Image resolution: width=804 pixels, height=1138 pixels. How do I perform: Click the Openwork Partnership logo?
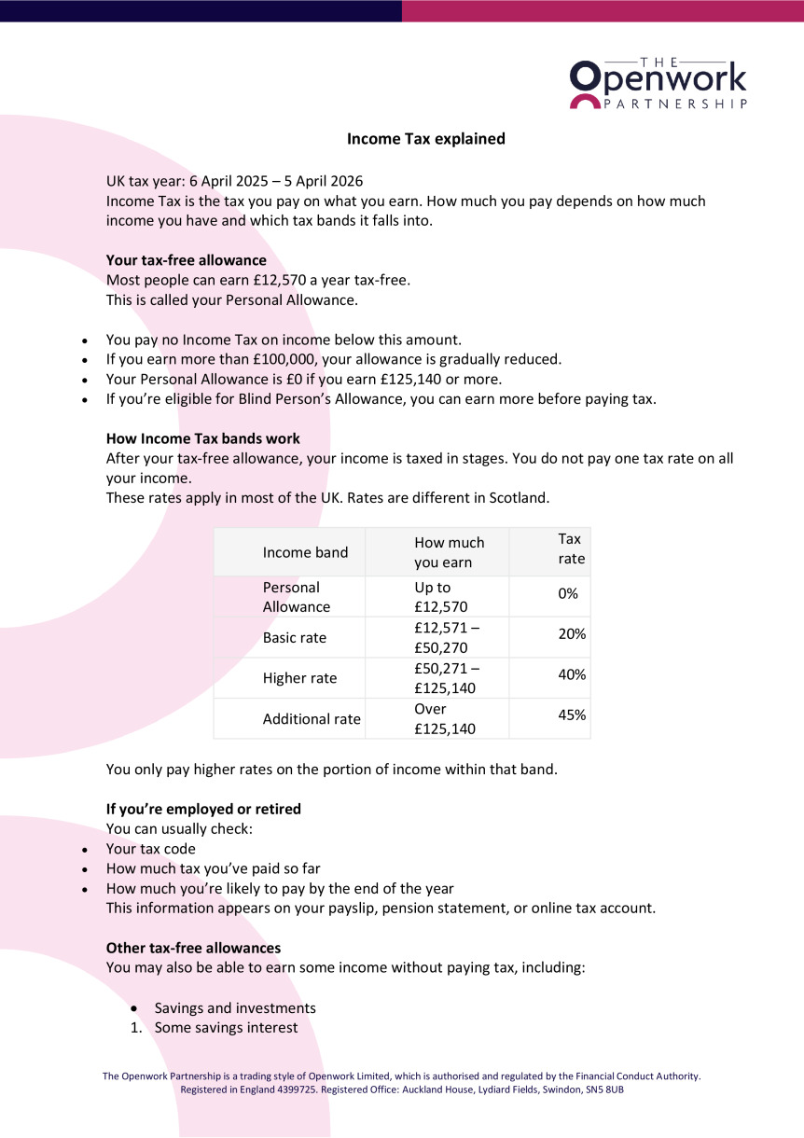(658, 82)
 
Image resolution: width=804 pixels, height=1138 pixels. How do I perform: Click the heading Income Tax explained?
(426, 139)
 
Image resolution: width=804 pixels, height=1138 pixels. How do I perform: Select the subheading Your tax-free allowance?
(187, 260)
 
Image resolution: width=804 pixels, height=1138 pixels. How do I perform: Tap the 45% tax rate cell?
(572, 715)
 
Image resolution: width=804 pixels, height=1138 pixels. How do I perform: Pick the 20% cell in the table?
(572, 634)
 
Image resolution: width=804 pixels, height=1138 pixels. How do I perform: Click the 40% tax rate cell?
(572, 674)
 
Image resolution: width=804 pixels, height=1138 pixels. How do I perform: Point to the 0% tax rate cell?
(568, 593)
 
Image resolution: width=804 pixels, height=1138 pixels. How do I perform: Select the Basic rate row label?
(295, 638)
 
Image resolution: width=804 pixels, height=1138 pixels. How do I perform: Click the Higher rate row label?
(299, 678)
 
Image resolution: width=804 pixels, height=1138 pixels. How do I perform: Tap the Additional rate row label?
(312, 719)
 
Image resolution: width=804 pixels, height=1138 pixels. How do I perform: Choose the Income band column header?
(305, 552)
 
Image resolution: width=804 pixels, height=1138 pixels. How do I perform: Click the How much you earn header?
(449, 552)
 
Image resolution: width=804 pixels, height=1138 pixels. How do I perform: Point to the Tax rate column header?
(571, 548)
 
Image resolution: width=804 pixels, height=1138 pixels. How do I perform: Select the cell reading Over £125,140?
(445, 719)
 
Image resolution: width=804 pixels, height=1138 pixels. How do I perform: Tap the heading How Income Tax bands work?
(203, 437)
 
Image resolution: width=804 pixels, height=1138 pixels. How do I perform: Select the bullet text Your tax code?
(151, 849)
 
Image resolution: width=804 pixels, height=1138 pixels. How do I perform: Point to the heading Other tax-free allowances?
(193, 948)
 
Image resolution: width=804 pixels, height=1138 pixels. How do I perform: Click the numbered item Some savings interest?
(227, 1028)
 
